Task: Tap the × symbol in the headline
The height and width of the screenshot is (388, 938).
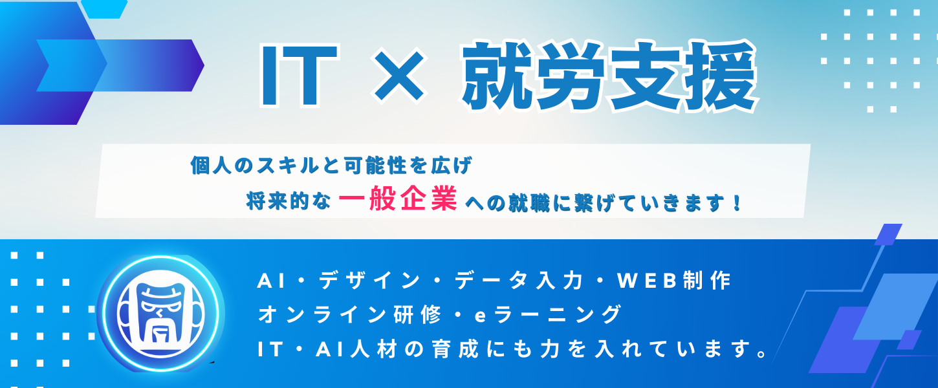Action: (399, 76)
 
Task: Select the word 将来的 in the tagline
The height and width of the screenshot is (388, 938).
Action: (272, 201)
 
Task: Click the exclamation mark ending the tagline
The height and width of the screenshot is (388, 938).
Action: (737, 202)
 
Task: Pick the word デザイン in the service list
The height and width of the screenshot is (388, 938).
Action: (369, 280)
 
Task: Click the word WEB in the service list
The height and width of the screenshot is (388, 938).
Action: (647, 281)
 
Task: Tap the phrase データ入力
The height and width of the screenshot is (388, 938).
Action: (519, 280)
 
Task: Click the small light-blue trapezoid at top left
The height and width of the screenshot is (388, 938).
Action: (104, 9)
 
